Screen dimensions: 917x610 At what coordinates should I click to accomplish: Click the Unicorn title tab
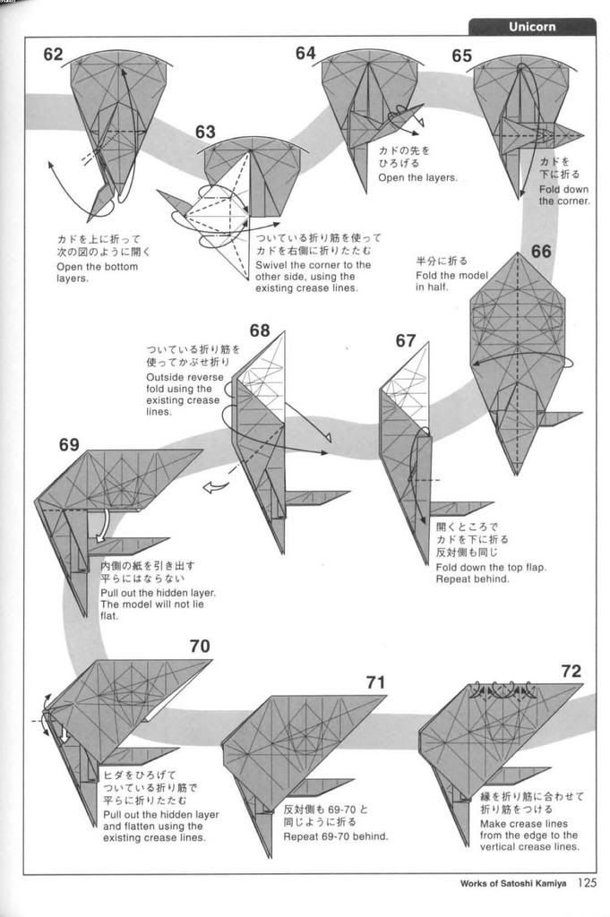[532, 26]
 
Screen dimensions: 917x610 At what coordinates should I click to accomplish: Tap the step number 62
[54, 55]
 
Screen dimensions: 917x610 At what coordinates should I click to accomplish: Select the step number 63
[205, 133]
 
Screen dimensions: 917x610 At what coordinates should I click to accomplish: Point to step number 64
[305, 54]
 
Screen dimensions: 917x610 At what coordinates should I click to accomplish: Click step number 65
[461, 56]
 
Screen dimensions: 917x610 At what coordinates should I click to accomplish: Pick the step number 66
[541, 252]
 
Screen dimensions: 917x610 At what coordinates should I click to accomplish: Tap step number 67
[406, 340]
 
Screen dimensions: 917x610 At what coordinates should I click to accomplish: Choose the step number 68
[260, 330]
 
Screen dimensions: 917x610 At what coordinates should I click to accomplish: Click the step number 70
[200, 646]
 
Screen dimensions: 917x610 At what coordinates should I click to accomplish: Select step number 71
[375, 682]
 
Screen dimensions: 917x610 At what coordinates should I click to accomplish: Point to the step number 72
[571, 671]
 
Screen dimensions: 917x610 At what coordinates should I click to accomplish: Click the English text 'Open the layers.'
[417, 177]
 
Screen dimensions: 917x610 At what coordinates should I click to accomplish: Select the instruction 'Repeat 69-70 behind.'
[336, 836]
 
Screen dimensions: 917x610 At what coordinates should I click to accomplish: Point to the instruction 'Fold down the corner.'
[564, 194]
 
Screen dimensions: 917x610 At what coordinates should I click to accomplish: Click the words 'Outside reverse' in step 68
[185, 377]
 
